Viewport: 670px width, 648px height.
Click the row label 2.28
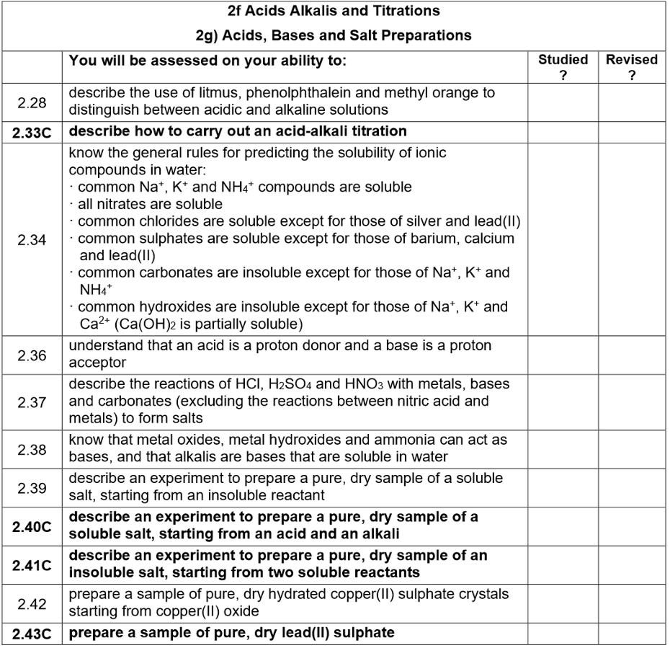(x=32, y=102)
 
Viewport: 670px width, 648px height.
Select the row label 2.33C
(x=32, y=132)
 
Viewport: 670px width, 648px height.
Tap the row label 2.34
(x=32, y=240)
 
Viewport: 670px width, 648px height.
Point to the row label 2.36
(x=32, y=355)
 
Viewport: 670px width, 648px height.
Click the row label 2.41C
(x=32, y=564)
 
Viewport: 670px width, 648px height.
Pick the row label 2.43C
(x=32, y=634)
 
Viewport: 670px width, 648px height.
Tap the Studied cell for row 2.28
(x=563, y=102)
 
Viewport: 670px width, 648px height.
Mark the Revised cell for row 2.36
(x=631, y=355)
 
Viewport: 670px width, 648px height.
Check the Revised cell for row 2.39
(x=631, y=488)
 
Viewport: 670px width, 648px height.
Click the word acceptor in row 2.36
(x=97, y=363)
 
